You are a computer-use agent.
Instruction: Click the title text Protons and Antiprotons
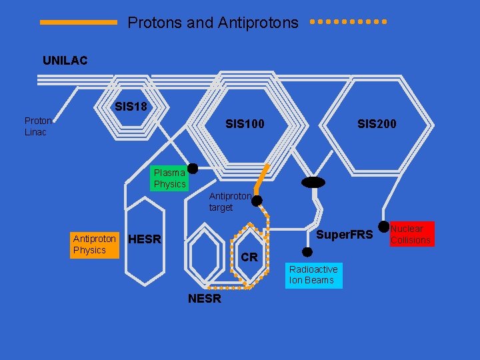[213, 23]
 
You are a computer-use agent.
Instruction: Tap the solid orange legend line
[78, 22]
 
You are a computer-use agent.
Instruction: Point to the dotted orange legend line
[348, 21]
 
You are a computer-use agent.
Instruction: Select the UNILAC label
[65, 61]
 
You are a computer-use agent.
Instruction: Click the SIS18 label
[131, 107]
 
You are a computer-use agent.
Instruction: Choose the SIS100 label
[245, 123]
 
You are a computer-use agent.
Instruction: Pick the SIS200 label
[377, 123]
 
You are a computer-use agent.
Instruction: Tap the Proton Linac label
[38, 126]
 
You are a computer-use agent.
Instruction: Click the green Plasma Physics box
[169, 178]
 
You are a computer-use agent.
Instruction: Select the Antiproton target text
[230, 201]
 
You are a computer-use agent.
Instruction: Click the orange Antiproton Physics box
[94, 244]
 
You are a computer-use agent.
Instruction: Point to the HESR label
[144, 239]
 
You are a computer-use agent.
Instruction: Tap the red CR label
[249, 257]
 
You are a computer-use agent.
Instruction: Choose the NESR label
[204, 299]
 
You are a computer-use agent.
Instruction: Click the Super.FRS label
[344, 235]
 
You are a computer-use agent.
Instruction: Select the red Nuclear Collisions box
[411, 234]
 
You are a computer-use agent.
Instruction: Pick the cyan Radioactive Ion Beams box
[313, 275]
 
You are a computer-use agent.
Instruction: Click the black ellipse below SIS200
[313, 182]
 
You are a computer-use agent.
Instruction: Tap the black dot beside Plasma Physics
[192, 169]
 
